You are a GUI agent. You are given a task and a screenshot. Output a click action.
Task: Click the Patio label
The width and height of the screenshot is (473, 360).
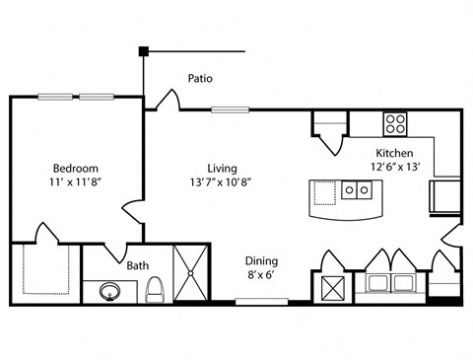click(x=200, y=78)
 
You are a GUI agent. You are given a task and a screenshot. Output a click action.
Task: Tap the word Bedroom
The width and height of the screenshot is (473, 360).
click(x=76, y=169)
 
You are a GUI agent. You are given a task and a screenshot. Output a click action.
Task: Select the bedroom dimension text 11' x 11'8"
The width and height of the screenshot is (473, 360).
click(x=75, y=182)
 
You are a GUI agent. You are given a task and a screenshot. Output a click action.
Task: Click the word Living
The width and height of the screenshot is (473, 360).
click(x=222, y=169)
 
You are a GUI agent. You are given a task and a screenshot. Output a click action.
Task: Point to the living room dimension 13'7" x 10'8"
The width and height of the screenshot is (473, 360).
click(x=221, y=182)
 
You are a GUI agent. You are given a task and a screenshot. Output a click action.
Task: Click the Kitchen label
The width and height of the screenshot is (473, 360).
click(x=394, y=153)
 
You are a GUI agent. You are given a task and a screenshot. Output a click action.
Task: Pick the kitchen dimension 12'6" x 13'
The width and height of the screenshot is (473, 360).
click(x=396, y=167)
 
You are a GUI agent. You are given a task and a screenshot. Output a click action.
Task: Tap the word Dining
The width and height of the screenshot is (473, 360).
click(x=261, y=261)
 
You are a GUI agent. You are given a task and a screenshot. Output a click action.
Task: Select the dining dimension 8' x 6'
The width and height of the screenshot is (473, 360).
click(x=261, y=274)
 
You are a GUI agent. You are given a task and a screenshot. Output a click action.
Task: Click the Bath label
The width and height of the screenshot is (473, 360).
click(x=138, y=265)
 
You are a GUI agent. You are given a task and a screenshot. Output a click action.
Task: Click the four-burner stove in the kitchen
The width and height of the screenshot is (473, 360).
click(x=395, y=124)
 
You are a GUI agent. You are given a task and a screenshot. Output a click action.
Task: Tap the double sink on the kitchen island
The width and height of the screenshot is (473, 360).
click(x=357, y=189)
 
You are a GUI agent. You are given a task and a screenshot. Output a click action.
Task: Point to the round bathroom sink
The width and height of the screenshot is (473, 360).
click(x=110, y=292)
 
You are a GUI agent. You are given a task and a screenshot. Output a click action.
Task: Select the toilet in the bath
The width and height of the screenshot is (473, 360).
click(x=155, y=289)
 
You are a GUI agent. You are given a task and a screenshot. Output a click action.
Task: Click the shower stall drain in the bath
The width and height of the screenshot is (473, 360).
click(x=190, y=273)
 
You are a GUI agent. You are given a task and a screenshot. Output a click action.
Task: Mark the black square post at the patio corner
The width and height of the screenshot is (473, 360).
click(x=144, y=51)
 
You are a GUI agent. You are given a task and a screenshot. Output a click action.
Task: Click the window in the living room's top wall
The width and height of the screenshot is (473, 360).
click(x=230, y=109)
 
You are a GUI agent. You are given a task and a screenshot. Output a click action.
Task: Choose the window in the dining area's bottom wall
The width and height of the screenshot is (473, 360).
click(x=262, y=301)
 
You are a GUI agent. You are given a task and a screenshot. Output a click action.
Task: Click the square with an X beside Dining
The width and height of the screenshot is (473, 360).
click(x=333, y=288)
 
